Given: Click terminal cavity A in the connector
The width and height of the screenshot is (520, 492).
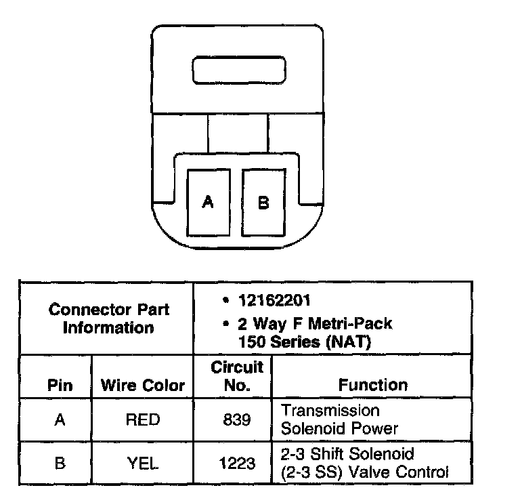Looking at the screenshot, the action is point(208,202).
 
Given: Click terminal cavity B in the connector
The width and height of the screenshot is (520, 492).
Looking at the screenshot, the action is point(263,202).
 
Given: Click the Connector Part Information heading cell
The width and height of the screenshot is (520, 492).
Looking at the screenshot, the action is point(108,319).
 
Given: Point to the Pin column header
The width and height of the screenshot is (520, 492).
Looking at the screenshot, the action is point(60,386).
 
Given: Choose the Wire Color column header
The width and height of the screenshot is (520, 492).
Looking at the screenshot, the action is point(142,386).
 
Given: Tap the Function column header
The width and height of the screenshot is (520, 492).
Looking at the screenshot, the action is point(373,385).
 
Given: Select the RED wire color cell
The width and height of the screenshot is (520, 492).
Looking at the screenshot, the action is point(143,420).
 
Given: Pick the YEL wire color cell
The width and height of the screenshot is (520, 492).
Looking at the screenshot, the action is point(143,464).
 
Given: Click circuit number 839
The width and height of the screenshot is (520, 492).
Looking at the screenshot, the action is point(236,420).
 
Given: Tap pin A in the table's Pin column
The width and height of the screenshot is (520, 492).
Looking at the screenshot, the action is point(60,420).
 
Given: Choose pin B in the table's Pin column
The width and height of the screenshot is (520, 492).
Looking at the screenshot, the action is point(60,464).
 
